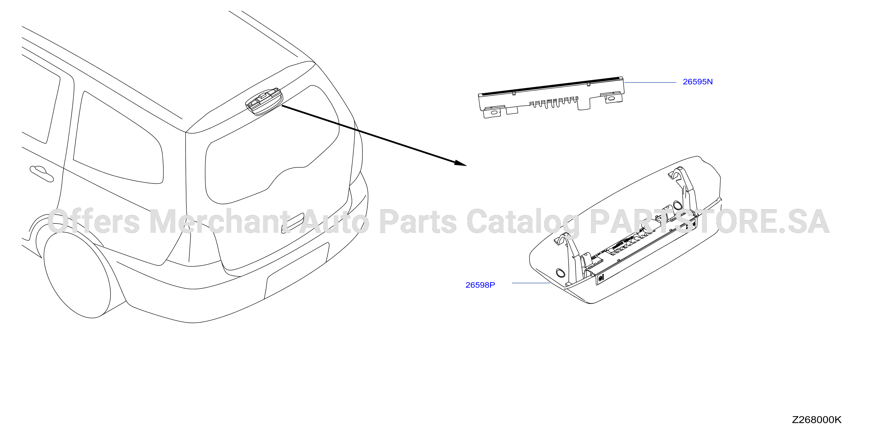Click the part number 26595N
(698, 82)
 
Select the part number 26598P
(480, 285)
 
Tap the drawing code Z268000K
(817, 420)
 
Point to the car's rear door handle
(41, 174)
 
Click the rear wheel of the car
(77, 273)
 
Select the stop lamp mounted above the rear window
(264, 101)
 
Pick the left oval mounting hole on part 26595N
(494, 112)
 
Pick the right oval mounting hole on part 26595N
(611, 98)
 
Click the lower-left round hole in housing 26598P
(560, 273)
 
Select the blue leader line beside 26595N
(650, 82)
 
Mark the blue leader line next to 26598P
(531, 283)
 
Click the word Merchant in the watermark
(220, 222)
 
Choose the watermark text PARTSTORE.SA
(710, 222)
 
